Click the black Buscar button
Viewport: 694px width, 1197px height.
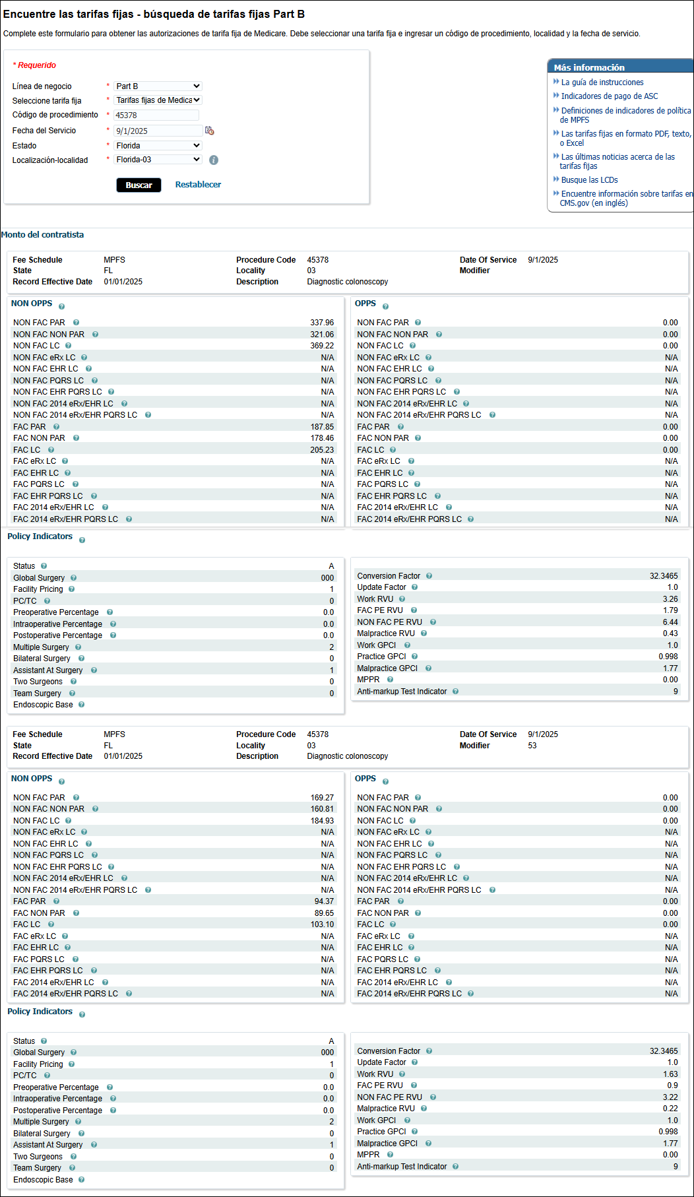[x=139, y=185]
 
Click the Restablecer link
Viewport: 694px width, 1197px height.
[x=198, y=185]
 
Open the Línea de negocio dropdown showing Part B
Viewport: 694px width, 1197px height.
[x=158, y=86]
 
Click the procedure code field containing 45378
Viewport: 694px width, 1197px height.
[x=156, y=115]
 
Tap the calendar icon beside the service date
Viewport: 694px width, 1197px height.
[x=210, y=131]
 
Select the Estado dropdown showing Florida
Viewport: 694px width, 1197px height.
[x=158, y=146]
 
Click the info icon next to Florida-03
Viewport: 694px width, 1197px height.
[x=214, y=160]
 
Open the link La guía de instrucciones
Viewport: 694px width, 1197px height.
[x=602, y=82]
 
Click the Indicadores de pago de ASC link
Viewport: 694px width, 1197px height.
[x=609, y=96]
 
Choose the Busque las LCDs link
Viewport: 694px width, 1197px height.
[x=589, y=180]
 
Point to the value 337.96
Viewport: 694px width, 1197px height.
[x=322, y=323]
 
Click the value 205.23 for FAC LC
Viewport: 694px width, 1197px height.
[x=322, y=450]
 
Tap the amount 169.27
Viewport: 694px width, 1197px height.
[x=322, y=798]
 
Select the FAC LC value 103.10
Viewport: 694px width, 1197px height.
[x=322, y=924]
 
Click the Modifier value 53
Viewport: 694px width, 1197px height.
[x=532, y=746]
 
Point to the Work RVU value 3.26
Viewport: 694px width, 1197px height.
[x=670, y=599]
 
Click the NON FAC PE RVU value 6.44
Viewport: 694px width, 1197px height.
[x=670, y=622]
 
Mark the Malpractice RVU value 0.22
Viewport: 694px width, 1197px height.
[x=670, y=1109]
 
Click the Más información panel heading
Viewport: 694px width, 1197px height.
[x=589, y=67]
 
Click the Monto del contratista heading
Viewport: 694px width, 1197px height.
[x=43, y=235]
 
